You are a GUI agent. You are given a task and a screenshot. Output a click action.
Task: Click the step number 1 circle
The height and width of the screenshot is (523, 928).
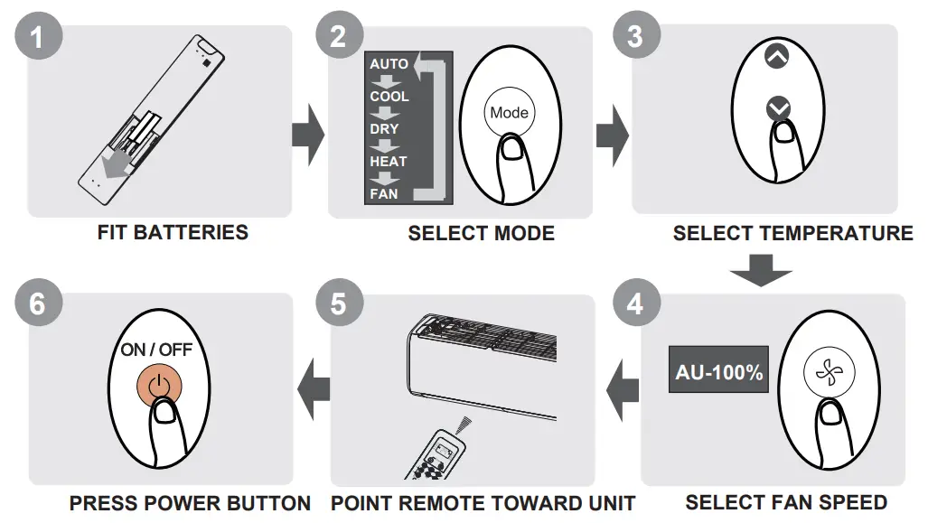click(x=37, y=37)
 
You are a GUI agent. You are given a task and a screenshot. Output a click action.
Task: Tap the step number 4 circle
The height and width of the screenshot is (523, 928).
click(x=635, y=304)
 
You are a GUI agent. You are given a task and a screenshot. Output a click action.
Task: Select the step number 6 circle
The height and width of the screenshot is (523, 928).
click(x=37, y=304)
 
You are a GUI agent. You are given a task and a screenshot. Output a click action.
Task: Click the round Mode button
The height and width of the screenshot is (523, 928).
click(x=509, y=113)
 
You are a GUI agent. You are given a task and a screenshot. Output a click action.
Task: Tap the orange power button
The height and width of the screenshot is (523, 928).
click(x=159, y=384)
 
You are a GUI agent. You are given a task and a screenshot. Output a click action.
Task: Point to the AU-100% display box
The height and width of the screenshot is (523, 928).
click(x=718, y=371)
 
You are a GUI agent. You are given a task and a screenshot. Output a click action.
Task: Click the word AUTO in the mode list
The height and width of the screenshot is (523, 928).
click(x=389, y=64)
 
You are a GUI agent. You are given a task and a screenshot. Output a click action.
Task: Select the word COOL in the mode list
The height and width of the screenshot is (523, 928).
click(x=389, y=97)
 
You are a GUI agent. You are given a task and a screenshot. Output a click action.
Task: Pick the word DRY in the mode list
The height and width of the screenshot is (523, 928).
click(x=384, y=129)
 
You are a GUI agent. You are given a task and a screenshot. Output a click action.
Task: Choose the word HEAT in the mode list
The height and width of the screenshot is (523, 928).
click(x=388, y=162)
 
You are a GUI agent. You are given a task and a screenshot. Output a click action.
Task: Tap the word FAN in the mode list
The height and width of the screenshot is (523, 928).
click(x=383, y=193)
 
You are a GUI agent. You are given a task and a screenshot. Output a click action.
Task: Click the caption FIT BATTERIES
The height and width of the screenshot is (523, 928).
click(x=173, y=233)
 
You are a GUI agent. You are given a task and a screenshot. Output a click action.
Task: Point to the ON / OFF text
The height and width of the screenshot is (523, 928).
click(x=156, y=350)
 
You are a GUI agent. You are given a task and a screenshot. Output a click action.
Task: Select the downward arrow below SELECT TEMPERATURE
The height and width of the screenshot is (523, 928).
click(x=761, y=270)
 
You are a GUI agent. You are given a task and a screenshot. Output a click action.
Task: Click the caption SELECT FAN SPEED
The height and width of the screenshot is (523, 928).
click(x=785, y=502)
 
